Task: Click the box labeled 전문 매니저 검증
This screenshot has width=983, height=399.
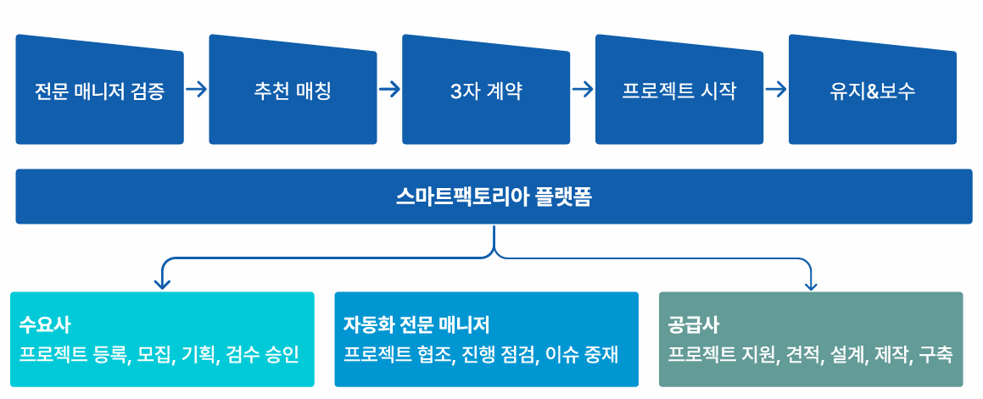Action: (99, 90)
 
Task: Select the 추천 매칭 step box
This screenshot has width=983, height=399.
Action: (293, 90)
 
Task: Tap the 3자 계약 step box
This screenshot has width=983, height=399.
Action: (486, 90)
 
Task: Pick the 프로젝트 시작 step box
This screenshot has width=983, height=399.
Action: (679, 90)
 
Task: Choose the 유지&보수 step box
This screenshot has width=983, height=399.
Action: (872, 90)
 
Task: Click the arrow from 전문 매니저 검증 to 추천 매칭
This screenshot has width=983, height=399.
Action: (196, 89)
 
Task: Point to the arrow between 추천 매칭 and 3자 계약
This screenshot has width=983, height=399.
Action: (389, 89)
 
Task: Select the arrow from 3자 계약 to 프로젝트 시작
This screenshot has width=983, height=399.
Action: (583, 89)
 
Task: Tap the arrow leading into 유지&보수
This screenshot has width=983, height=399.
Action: (776, 89)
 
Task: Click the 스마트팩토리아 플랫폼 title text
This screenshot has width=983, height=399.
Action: (494, 197)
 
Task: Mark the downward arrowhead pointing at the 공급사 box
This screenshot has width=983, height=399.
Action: (810, 283)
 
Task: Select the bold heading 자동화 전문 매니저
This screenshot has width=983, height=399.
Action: (416, 324)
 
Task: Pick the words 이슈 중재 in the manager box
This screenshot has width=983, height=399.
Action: (582, 354)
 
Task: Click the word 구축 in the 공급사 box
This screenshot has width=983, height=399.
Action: (936, 354)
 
